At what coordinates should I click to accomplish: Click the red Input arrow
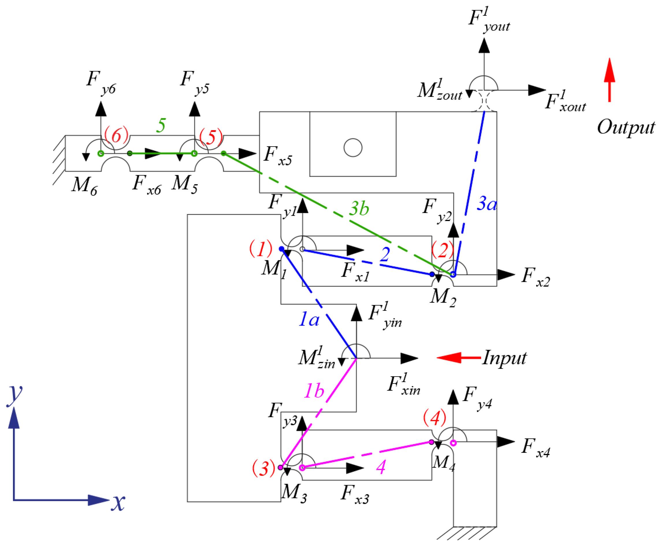point(458,358)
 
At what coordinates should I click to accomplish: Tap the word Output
point(626,127)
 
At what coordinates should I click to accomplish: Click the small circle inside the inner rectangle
point(353,147)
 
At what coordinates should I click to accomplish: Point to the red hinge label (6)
point(116,135)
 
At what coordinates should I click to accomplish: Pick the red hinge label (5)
point(211,137)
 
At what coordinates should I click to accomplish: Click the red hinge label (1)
point(261,248)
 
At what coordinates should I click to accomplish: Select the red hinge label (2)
point(443,250)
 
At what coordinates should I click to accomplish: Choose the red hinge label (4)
point(435,418)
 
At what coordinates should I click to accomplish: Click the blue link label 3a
point(487,203)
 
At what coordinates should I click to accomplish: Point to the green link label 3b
point(359,208)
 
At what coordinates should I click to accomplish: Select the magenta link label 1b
point(314,391)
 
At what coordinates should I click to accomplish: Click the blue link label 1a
point(309,319)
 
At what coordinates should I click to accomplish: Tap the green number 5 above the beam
point(161,125)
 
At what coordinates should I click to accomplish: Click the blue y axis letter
point(14,395)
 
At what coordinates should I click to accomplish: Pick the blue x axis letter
point(118,502)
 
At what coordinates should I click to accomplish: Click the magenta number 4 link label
point(381,467)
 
